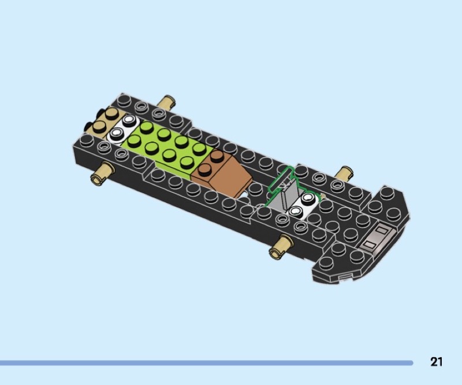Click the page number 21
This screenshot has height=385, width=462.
(x=437, y=362)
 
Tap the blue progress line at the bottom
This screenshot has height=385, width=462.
(x=206, y=363)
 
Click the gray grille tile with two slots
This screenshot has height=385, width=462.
(x=377, y=238)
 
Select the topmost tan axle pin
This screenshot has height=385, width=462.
(x=166, y=102)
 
